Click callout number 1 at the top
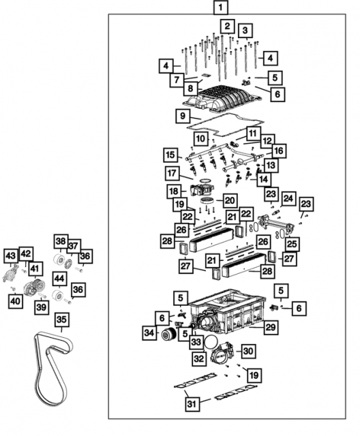pyautogui.click(x=220, y=9)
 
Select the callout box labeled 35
pyautogui.click(x=62, y=319)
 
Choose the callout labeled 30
pyautogui.click(x=247, y=350)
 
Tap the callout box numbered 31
pyautogui.click(x=192, y=405)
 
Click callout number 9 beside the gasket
pyautogui.click(x=182, y=116)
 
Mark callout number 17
pyautogui.click(x=172, y=174)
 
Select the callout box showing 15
pyautogui.click(x=170, y=154)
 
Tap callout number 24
pyautogui.click(x=288, y=199)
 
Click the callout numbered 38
pyautogui.click(x=61, y=241)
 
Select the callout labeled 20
pyautogui.click(x=229, y=200)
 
